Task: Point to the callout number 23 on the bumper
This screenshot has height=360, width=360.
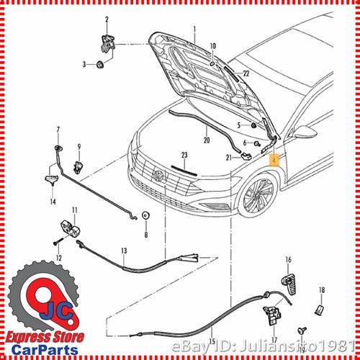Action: tap(184, 156)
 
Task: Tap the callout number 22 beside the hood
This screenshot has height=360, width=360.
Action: tap(246, 73)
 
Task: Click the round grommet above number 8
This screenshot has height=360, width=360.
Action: tap(145, 216)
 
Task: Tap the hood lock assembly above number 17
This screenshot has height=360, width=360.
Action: tap(273, 311)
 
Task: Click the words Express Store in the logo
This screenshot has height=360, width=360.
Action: tap(45, 337)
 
